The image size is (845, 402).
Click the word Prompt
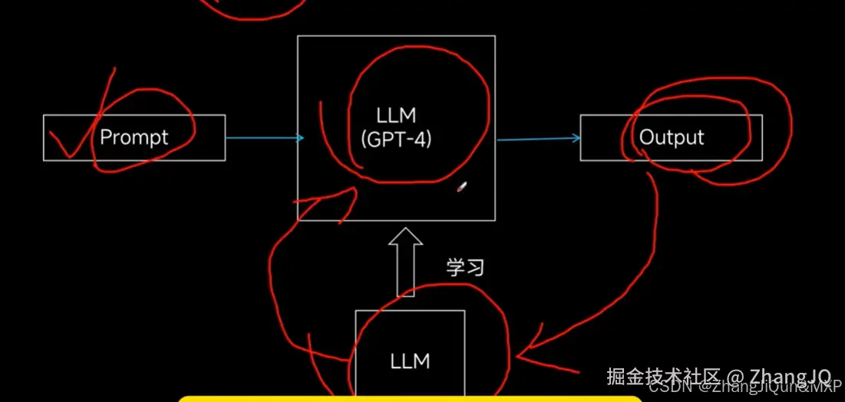(x=134, y=137)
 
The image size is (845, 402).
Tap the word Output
(x=672, y=137)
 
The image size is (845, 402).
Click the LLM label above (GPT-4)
(x=396, y=116)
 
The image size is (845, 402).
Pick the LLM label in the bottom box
(x=410, y=361)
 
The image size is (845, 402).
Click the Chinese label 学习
(x=466, y=267)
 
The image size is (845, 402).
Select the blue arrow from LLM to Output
(x=538, y=138)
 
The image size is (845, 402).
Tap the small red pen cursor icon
(x=461, y=186)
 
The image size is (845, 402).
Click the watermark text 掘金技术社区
(x=663, y=377)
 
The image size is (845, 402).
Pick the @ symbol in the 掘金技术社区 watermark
(x=735, y=377)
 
